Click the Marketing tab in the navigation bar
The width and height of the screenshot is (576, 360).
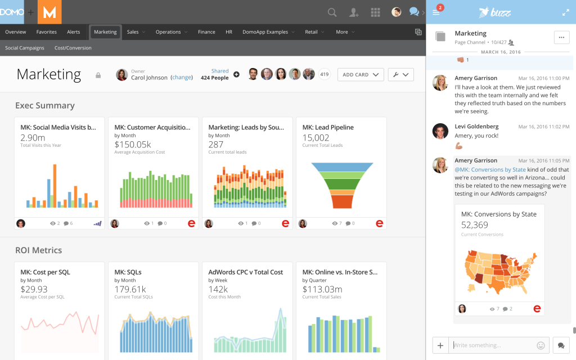point(105,32)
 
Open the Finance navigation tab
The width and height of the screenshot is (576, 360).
point(206,32)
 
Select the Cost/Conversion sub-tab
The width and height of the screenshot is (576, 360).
point(73,48)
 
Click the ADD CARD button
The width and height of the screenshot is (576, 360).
point(361,74)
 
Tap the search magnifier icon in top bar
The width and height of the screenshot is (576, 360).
point(332,12)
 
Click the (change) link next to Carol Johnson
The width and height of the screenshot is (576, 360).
point(182,78)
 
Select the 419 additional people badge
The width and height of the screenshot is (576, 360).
point(324,74)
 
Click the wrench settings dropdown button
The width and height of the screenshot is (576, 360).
point(400,74)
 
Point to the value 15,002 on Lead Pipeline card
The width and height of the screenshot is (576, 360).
point(316,137)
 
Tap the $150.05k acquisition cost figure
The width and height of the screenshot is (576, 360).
point(133,145)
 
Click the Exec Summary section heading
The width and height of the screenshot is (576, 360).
point(45,105)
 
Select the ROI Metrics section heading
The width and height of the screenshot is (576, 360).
point(39,250)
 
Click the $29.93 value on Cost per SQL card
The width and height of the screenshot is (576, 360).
point(34,289)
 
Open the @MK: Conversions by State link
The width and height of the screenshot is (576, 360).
point(490,169)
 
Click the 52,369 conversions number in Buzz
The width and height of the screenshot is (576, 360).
point(475,225)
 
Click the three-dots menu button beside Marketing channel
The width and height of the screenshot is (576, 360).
point(562,37)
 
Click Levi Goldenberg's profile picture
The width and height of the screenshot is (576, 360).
point(440,131)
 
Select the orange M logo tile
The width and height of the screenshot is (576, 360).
point(49,12)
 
